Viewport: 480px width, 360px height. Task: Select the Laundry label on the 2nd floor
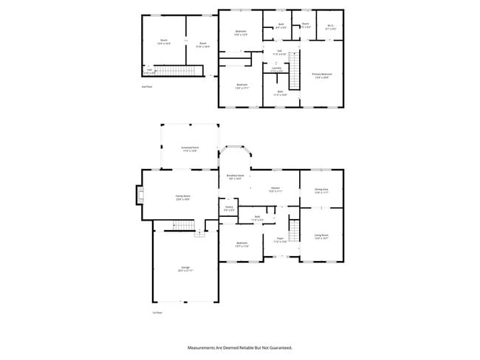pyautogui.click(x=276, y=69)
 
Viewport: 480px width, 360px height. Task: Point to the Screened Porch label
pyautogui.click(x=189, y=148)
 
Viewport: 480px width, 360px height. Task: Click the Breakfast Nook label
pyautogui.click(x=236, y=177)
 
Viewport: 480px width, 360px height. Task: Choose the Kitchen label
pyautogui.click(x=274, y=190)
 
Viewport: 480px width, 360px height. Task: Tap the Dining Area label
pyautogui.click(x=321, y=191)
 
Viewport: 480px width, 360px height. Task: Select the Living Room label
pyautogui.click(x=321, y=237)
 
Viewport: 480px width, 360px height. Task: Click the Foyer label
pyautogui.click(x=281, y=240)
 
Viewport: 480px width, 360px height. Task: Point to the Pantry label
pyautogui.click(x=229, y=209)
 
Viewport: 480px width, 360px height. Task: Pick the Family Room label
pyautogui.click(x=183, y=198)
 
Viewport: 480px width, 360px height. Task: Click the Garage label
pyautogui.click(x=185, y=269)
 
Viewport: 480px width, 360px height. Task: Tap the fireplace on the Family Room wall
pyautogui.click(x=138, y=195)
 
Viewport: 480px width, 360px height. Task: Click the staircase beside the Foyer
pyautogui.click(x=295, y=232)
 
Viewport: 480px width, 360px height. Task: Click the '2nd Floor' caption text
pyautogui.click(x=147, y=86)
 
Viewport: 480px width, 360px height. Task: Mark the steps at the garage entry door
pyautogui.click(x=199, y=233)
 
